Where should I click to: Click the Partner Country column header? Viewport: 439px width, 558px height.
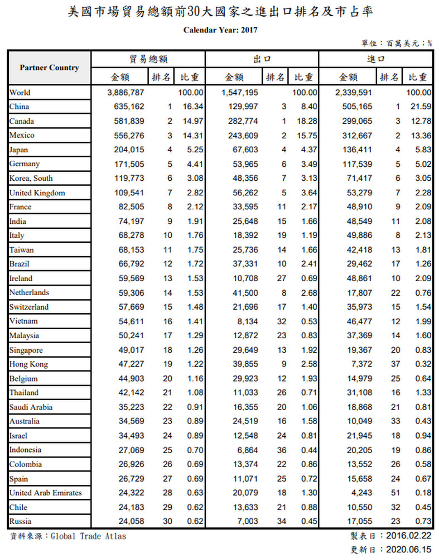(49, 68)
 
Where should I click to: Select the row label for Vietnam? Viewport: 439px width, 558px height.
(23, 321)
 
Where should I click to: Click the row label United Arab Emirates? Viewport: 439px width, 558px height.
(45, 493)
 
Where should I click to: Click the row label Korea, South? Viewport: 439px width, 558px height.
(31, 178)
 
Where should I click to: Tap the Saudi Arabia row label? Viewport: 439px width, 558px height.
(32, 407)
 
